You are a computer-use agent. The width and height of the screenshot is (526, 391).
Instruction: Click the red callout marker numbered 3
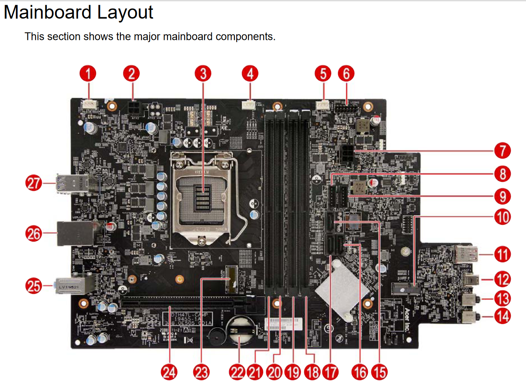coord(203,74)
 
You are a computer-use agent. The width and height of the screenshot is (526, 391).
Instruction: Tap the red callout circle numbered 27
coord(34,183)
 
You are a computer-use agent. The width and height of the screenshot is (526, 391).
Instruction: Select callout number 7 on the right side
coord(503,151)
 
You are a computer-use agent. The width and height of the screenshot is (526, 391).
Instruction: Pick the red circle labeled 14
coord(503,316)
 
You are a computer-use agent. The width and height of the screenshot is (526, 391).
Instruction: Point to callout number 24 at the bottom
coord(169,372)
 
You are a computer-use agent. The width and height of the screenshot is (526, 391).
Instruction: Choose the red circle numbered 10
coord(503,217)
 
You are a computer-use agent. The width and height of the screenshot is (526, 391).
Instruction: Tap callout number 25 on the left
coord(34,286)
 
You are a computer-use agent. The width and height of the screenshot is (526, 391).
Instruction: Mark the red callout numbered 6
coord(346,74)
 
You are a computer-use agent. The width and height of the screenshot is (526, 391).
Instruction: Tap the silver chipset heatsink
coord(342,289)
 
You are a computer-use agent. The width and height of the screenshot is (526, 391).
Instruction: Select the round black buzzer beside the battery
coord(216,336)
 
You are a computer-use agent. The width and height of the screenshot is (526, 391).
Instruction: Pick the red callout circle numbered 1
coord(88,74)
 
